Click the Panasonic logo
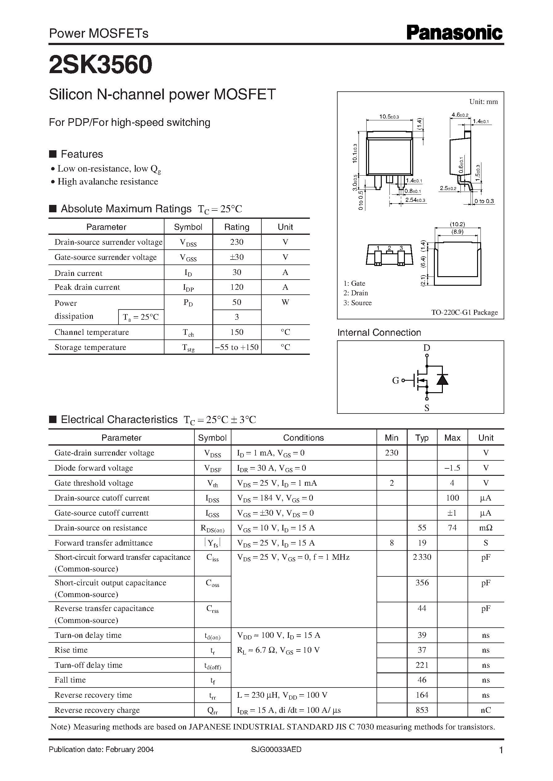pyautogui.click(x=454, y=33)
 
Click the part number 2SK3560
pyautogui.click(x=101, y=65)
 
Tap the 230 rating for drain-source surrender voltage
pyautogui.click(x=237, y=242)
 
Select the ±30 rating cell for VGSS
pyautogui.click(x=237, y=257)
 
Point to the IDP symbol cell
pyautogui.click(x=188, y=288)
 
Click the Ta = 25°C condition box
pyautogui.click(x=141, y=317)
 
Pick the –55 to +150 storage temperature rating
pyautogui.click(x=237, y=347)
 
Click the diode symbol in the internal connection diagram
pyautogui.click(x=442, y=379)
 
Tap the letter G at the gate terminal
pyautogui.click(x=395, y=380)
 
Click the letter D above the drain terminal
pyautogui.click(x=427, y=347)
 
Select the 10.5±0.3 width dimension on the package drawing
pyautogui.click(x=389, y=117)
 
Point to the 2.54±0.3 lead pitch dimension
pyautogui.click(x=415, y=200)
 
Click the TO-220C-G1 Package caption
pyautogui.click(x=464, y=312)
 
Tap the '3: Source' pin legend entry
pyautogui.click(x=358, y=303)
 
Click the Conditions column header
pyautogui.click(x=303, y=438)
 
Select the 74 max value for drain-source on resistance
pyautogui.click(x=452, y=528)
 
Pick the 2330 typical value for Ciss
pyautogui.click(x=422, y=557)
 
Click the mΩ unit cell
pyautogui.click(x=486, y=528)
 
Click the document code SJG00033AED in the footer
pyautogui.click(x=276, y=749)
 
